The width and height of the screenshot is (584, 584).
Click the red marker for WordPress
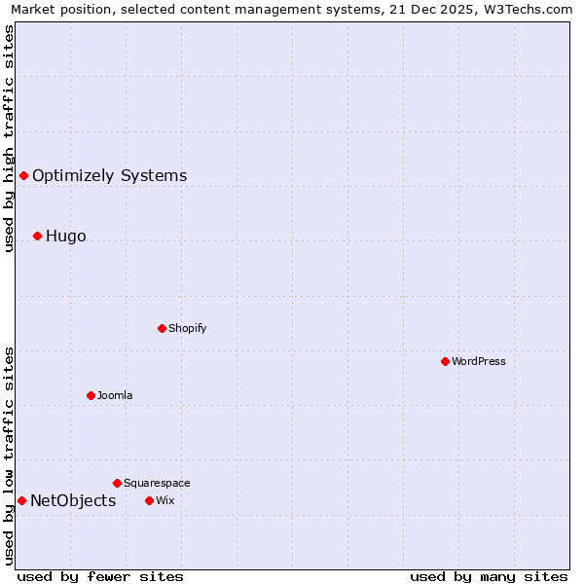click(x=445, y=361)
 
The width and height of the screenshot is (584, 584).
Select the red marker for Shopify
click(x=162, y=328)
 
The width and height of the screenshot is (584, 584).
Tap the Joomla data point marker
click(x=91, y=395)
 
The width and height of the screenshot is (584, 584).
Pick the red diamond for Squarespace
click(x=117, y=483)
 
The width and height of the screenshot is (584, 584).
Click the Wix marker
click(x=149, y=500)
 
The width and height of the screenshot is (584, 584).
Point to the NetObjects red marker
click(x=21, y=500)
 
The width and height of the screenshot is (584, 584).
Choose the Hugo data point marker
click(x=37, y=236)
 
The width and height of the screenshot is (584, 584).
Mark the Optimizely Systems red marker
click(x=23, y=175)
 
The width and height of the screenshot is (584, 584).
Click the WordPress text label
click(x=479, y=361)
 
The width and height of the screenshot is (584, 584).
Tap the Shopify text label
click(x=188, y=328)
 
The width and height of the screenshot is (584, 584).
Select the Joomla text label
click(x=115, y=395)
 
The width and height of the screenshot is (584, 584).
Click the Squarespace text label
click(x=157, y=483)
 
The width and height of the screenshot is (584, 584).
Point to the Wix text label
click(x=164, y=500)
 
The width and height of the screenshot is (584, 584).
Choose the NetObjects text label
click(x=73, y=500)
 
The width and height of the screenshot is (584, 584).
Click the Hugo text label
click(x=66, y=236)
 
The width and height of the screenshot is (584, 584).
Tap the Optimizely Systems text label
click(x=110, y=175)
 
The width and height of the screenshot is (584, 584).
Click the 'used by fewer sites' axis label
click(x=100, y=576)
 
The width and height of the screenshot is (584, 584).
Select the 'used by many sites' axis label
click(x=489, y=576)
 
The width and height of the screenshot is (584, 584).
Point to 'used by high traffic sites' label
click(x=9, y=138)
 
